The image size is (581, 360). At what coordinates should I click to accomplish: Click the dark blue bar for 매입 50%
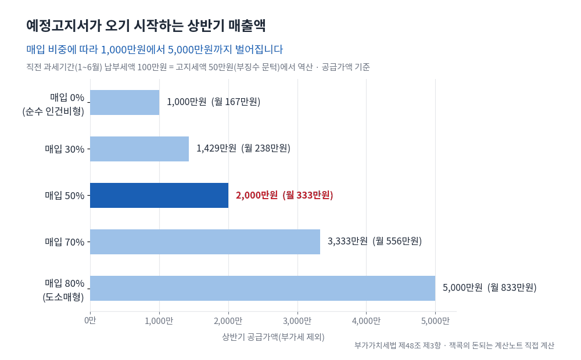(159, 195)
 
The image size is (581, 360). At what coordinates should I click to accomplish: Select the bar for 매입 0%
(125, 102)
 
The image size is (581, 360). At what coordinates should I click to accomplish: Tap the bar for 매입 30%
(139, 149)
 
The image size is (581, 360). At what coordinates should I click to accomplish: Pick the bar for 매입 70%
(205, 242)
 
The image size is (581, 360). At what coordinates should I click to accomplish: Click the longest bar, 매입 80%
(263, 288)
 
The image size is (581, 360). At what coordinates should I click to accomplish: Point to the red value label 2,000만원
(256, 195)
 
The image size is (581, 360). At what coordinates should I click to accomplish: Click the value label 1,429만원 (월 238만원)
(243, 149)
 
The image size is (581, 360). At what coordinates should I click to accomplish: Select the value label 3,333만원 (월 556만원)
(375, 242)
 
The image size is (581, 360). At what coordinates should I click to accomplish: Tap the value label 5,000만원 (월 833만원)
(489, 288)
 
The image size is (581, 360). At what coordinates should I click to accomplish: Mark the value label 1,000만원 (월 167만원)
(213, 102)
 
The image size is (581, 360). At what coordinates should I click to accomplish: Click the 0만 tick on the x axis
(90, 321)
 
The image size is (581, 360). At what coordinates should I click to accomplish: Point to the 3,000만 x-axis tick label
(297, 321)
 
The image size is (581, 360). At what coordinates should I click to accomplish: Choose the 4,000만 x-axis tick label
(366, 321)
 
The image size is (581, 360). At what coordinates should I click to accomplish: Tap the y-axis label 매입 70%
(65, 242)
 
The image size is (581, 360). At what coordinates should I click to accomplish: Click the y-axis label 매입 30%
(65, 149)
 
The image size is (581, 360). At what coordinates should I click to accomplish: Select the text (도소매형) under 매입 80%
(63, 297)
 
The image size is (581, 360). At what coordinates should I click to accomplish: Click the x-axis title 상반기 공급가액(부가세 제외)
(274, 337)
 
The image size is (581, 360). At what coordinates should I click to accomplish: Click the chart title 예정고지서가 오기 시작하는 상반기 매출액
(146, 26)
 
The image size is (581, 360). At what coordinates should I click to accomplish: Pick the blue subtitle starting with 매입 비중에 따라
(155, 49)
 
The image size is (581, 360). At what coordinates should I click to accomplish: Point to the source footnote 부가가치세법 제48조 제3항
(397, 345)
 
